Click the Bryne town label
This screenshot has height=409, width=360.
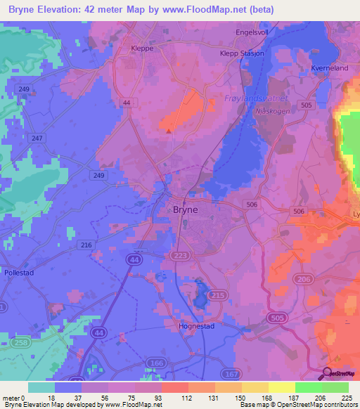tap(185, 209)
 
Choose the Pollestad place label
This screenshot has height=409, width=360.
tap(18, 269)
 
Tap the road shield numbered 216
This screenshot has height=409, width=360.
tap(86, 245)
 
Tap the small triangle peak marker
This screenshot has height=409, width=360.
tap(169, 130)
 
